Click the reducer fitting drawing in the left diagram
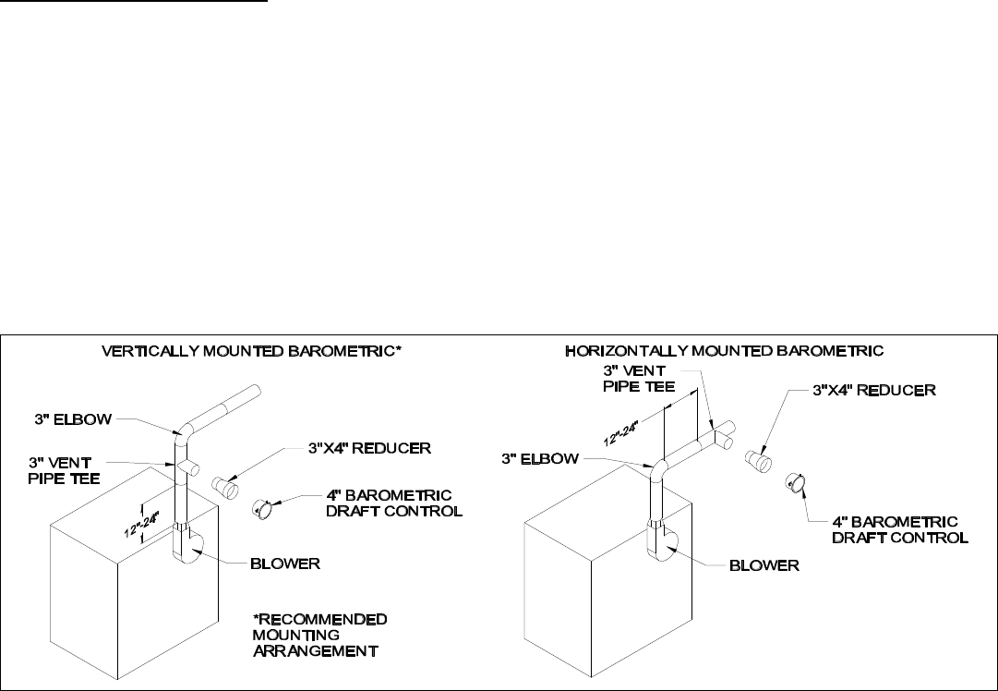pos(225,483)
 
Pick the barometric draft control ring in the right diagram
pos(796,481)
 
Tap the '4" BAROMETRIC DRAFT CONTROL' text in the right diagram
pos(902,528)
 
